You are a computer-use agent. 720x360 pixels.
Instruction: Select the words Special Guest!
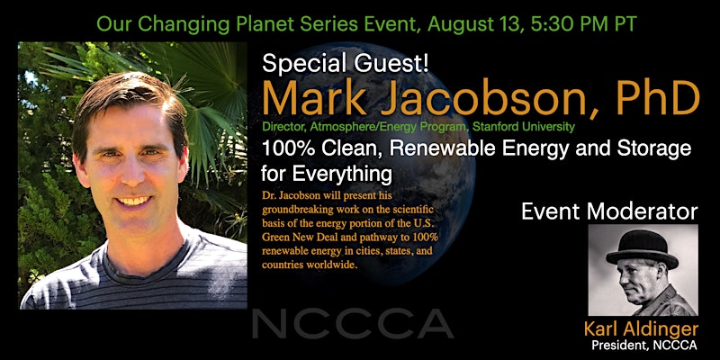point(346,63)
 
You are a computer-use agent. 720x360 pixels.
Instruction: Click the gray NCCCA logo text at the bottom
point(353,324)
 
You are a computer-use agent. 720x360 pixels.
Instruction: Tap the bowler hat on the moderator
point(642,250)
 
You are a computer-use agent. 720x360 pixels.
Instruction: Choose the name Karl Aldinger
point(641,328)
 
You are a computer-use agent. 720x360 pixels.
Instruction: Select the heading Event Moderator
point(609,211)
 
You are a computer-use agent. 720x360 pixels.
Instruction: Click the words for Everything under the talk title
point(326,175)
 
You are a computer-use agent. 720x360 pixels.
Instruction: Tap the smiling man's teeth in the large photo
point(133,201)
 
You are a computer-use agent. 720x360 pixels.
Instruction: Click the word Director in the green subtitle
point(277,127)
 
